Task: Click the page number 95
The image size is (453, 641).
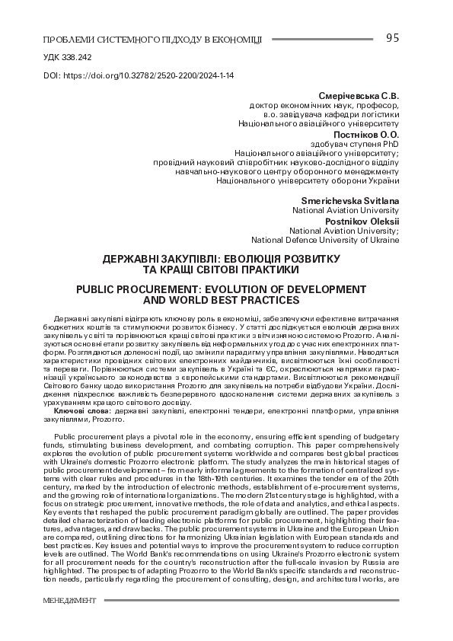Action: [x=393, y=38]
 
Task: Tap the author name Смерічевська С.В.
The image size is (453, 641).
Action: [x=358, y=96]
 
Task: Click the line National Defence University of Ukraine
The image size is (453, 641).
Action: [x=325, y=240]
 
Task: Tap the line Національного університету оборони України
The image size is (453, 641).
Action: [x=308, y=180]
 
